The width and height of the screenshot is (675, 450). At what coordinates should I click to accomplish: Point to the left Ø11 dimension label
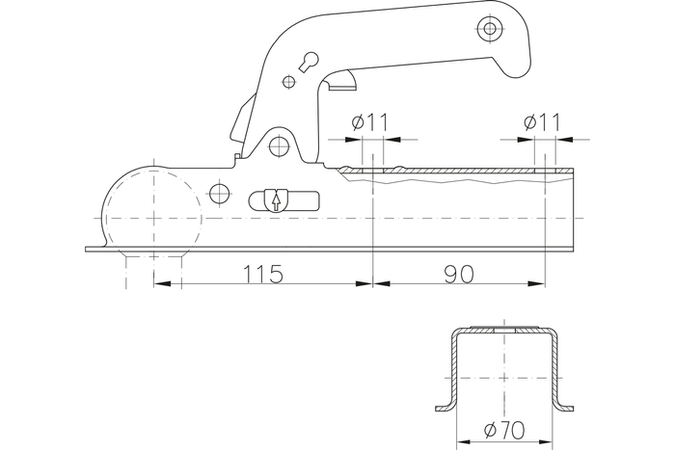(x=369, y=122)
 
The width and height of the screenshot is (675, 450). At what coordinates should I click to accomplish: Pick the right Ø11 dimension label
(x=542, y=122)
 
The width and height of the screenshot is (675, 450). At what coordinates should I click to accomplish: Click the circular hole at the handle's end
(x=491, y=29)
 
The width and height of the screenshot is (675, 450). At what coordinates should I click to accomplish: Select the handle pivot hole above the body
(x=279, y=146)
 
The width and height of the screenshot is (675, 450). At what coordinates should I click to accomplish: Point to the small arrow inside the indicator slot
(x=277, y=201)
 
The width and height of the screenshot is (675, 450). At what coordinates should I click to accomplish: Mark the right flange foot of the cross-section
(x=560, y=406)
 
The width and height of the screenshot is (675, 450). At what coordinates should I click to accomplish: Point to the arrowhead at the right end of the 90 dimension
(x=534, y=284)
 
